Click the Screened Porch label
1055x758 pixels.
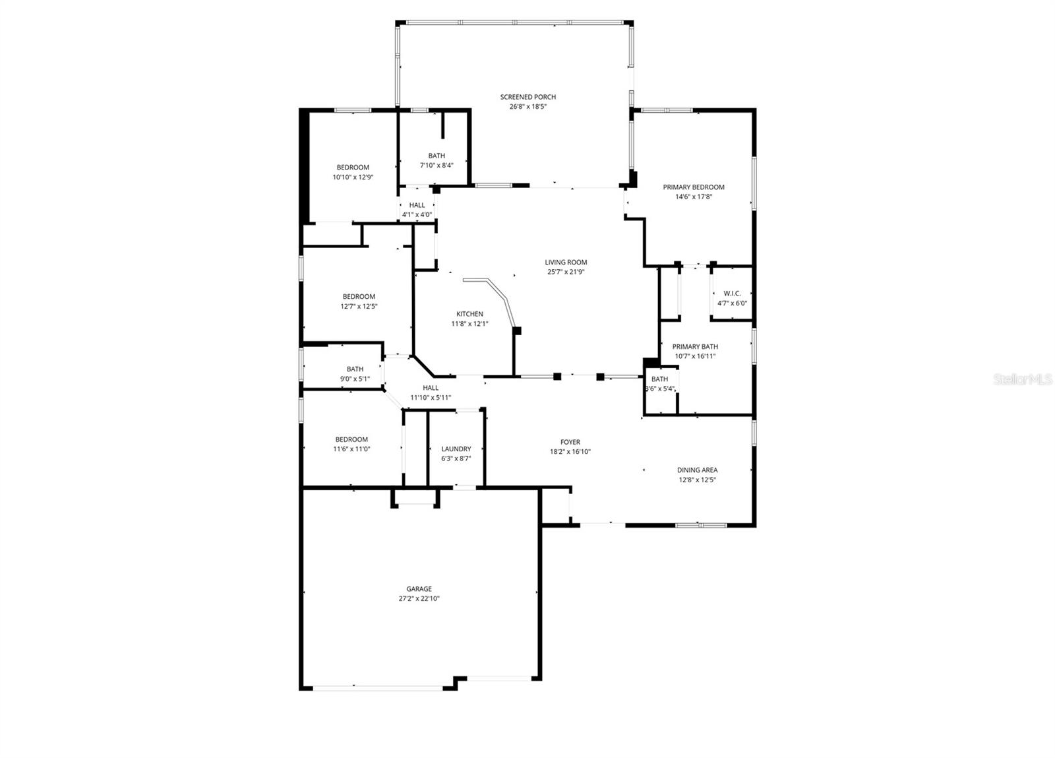pyautogui.click(x=527, y=97)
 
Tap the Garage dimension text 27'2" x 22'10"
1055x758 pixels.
pyautogui.click(x=419, y=599)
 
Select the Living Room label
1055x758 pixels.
pyautogui.click(x=566, y=262)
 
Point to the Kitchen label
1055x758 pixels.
pyautogui.click(x=469, y=314)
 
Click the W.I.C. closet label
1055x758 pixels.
pyautogui.click(x=732, y=294)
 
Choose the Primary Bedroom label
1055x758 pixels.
pyautogui.click(x=694, y=187)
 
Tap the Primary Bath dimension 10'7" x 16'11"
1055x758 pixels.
pyautogui.click(x=695, y=356)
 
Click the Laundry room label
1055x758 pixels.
pyautogui.click(x=456, y=449)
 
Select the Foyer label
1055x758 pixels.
pyautogui.click(x=570, y=442)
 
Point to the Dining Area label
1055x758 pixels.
pyautogui.click(x=697, y=470)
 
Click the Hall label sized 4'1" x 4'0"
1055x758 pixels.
pyautogui.click(x=417, y=205)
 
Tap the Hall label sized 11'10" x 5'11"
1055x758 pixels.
pyautogui.click(x=431, y=388)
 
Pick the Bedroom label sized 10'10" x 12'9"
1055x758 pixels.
pyautogui.click(x=353, y=168)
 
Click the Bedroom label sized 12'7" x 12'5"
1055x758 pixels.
pyautogui.click(x=359, y=297)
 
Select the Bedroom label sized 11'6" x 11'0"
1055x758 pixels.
pyautogui.click(x=351, y=439)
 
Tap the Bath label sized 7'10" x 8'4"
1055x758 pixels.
pyautogui.click(x=437, y=156)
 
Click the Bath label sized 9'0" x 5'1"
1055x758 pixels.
pyautogui.click(x=355, y=369)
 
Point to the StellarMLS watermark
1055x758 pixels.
pyautogui.click(x=1023, y=379)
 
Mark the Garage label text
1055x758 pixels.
pyautogui.click(x=419, y=589)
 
